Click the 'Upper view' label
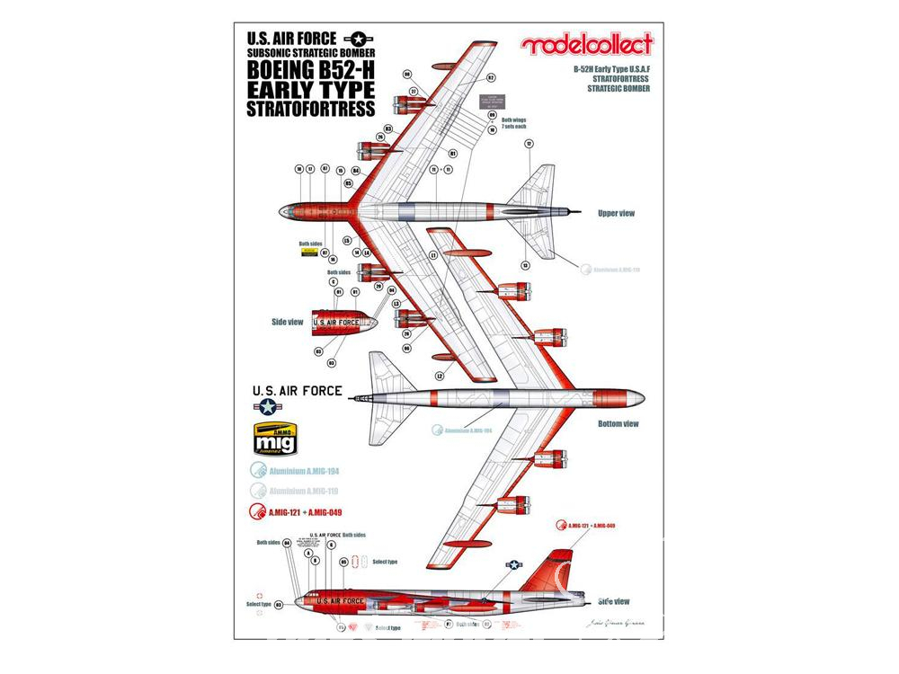[617, 214]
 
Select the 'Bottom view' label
[618, 423]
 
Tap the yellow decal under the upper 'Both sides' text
[310, 253]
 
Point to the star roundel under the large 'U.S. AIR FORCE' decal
[271, 407]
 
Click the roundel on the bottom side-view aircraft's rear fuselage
[514, 566]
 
